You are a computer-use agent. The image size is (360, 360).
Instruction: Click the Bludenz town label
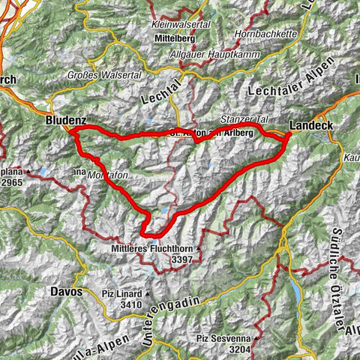click(x=66, y=119)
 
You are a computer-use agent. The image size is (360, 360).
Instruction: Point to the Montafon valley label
click(x=105, y=175)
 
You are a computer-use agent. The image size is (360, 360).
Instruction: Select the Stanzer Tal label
click(x=243, y=119)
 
